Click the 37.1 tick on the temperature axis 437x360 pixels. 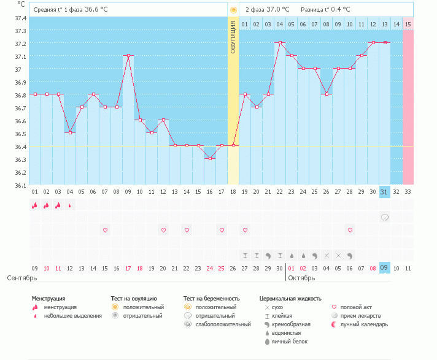[x=20, y=56]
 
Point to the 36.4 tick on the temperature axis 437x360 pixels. [x=20, y=147]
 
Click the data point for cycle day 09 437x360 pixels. [x=128, y=55]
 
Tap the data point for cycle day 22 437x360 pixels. [x=280, y=42]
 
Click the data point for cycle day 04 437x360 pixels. [x=70, y=132]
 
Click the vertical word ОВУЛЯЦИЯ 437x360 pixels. [x=233, y=37]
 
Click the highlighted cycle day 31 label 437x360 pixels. [x=385, y=192]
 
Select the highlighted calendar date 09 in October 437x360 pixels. [x=385, y=268]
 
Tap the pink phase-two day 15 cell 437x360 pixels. [x=408, y=24]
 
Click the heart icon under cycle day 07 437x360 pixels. [x=105, y=230]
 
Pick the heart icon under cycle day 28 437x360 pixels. [x=350, y=230]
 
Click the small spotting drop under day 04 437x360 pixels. [x=70, y=205]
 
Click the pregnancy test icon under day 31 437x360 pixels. [x=385, y=217]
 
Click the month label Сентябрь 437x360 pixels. [x=21, y=278]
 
